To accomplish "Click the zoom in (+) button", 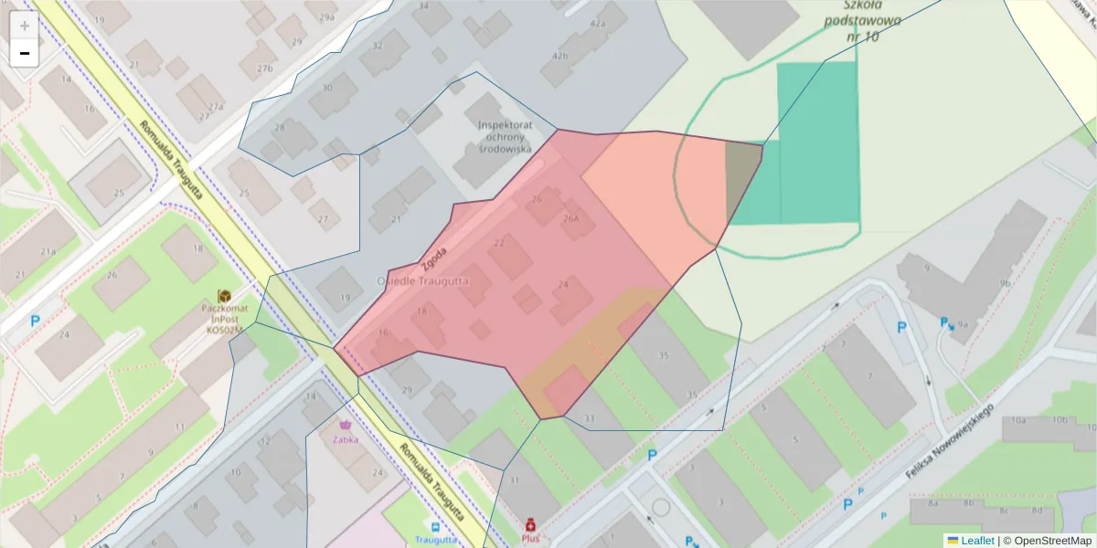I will point(25,26).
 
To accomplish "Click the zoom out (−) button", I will point(25,53).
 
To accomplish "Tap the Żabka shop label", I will point(346,438).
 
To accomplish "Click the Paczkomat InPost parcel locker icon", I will point(224,296).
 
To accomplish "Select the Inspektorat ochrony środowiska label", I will point(504,136).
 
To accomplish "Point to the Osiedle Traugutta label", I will point(422,281).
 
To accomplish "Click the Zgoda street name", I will point(435,259).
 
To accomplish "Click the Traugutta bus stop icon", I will point(434,527).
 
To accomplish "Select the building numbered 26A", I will point(572,219).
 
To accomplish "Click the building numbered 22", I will point(499,243).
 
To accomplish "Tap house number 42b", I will point(559,56).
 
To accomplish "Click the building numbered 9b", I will point(1006,283).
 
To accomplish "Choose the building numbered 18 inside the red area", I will point(421,312).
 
